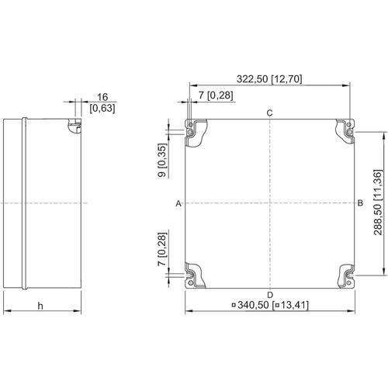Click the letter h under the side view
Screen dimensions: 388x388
40,306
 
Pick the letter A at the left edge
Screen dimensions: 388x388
178,203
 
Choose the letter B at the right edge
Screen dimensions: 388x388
360,203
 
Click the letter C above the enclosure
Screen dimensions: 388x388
269,113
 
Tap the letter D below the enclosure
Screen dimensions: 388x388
270,295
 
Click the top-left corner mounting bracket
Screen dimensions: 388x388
196,133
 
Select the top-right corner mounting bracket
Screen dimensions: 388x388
345,130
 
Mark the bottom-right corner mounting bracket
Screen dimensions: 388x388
347,277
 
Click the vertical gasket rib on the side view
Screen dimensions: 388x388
24,203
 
